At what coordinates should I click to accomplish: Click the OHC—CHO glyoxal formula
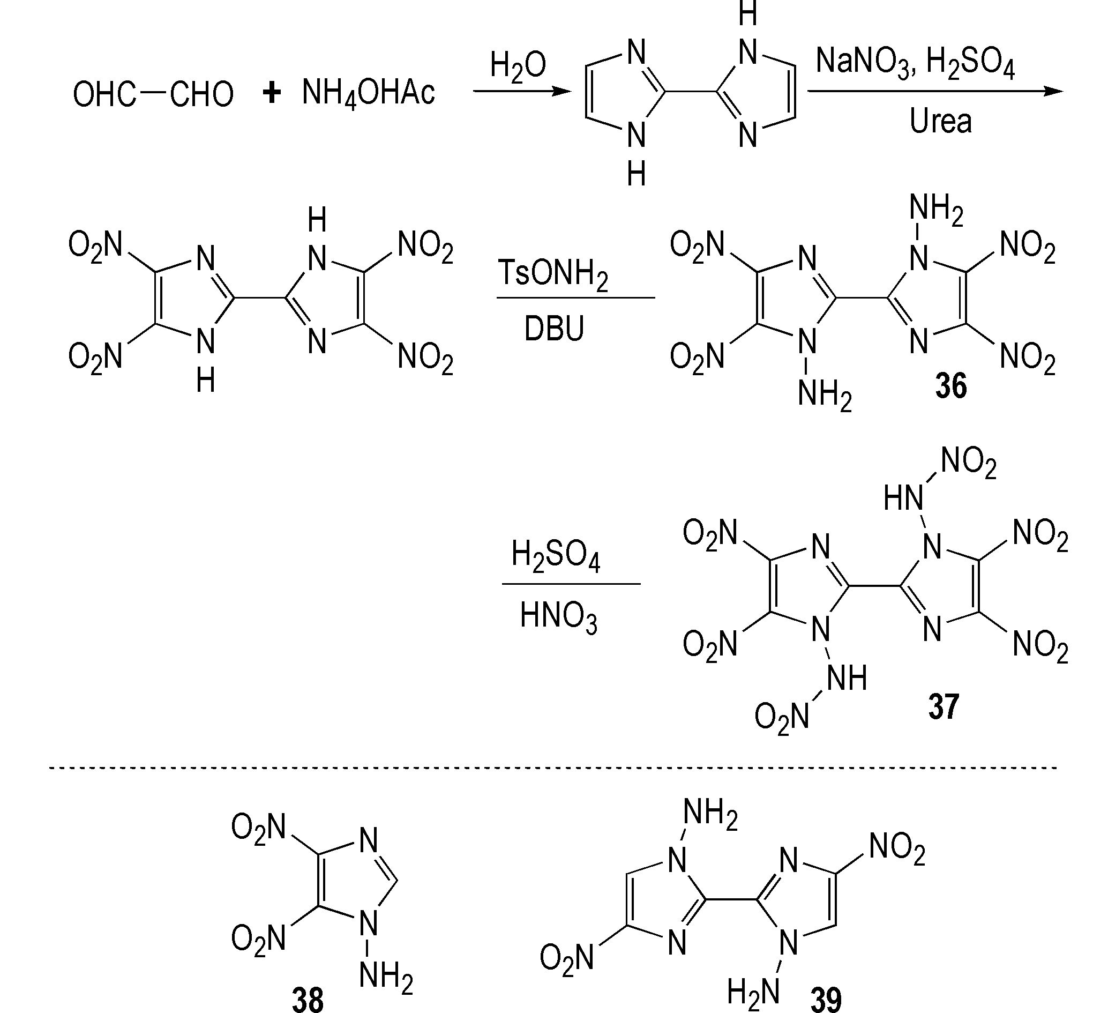coord(153,93)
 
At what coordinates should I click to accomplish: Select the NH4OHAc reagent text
coord(368,92)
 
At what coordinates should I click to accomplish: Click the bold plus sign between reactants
coord(272,92)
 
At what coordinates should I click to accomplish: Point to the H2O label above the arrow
coord(518,65)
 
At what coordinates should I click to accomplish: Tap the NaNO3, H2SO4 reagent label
coord(915,62)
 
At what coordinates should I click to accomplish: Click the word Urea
coord(940,121)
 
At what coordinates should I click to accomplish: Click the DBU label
coord(554,329)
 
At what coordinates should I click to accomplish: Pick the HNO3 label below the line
coord(558,616)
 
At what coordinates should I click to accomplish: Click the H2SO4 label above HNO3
coord(556,555)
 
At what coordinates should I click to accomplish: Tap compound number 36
coord(952,386)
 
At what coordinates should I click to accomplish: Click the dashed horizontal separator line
coord(553,768)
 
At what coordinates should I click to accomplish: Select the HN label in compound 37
coord(903,500)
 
